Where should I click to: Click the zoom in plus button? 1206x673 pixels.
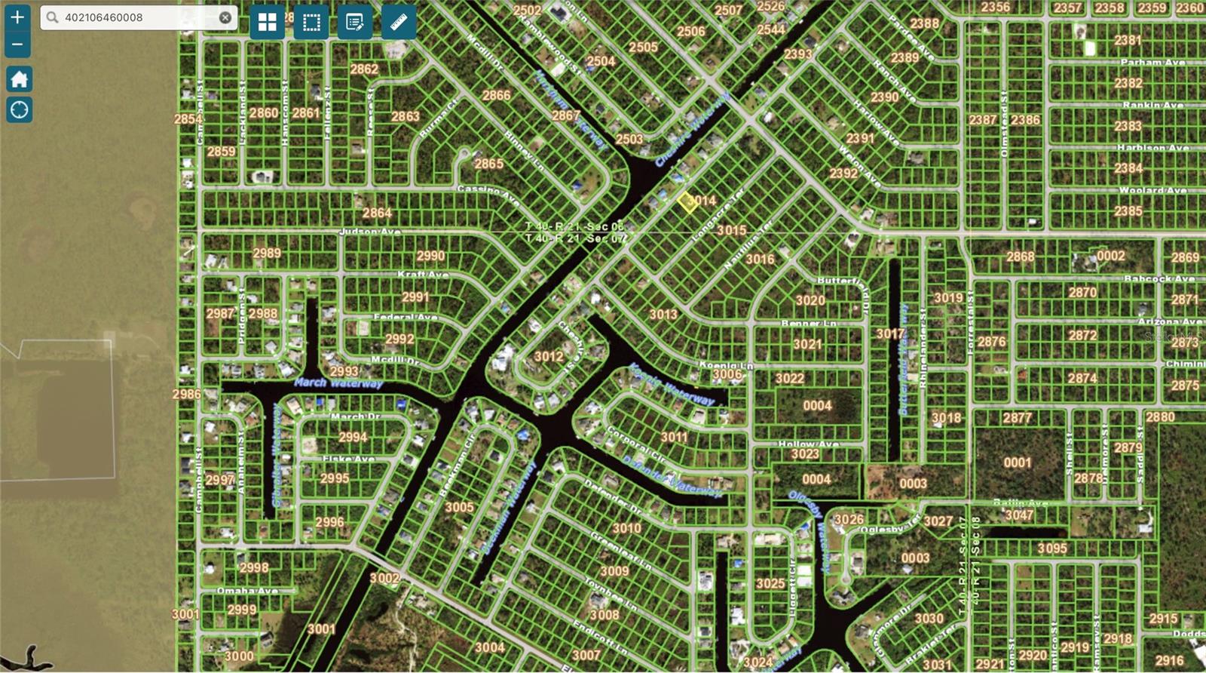(x=17, y=17)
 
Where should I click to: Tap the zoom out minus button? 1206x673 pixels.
(x=17, y=45)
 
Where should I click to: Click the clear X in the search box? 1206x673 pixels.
(x=225, y=17)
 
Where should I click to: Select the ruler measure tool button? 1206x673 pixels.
(x=399, y=22)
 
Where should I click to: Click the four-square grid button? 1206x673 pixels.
(x=268, y=22)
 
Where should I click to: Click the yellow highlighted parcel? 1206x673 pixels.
(x=687, y=202)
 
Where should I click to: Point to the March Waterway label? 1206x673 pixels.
(x=338, y=383)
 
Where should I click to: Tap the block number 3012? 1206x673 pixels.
(x=549, y=356)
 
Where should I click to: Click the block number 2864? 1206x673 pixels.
(x=377, y=214)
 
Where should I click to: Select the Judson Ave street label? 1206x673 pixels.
(x=369, y=232)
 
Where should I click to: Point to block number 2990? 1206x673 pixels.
(x=430, y=257)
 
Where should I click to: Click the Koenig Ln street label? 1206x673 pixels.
(x=726, y=365)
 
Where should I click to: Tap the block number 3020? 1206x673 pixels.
(x=810, y=300)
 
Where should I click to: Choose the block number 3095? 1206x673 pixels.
(x=1051, y=549)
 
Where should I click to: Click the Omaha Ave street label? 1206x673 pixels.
(x=247, y=591)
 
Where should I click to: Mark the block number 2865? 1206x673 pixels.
(x=488, y=164)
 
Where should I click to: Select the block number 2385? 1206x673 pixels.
(x=1128, y=211)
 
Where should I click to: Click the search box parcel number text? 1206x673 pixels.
(x=103, y=17)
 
